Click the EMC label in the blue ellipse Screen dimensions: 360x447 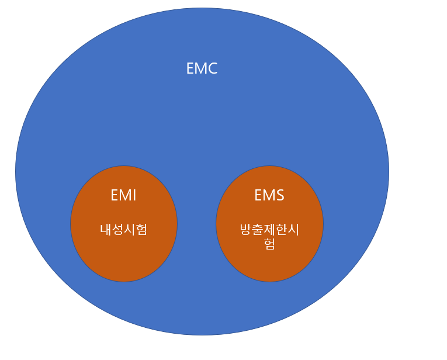tap(202, 68)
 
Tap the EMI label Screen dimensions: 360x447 tap(123, 195)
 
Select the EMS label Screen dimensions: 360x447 tap(269, 195)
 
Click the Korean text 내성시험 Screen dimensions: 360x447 tap(123, 229)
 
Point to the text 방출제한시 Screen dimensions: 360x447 tap(269, 230)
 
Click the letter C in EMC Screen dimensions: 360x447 tap(212, 68)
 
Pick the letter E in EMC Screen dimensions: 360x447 tap(190, 68)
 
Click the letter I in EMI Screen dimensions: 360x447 tap(134, 195)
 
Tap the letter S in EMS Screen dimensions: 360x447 tap(279, 195)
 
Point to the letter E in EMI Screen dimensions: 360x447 tap(115, 195)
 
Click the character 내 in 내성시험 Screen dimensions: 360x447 tap(106, 229)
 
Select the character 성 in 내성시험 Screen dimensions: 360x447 tap(117, 229)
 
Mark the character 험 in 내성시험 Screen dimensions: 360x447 tap(141, 229)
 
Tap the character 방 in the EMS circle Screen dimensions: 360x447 tap(246, 230)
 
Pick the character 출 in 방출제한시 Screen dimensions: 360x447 tap(258, 230)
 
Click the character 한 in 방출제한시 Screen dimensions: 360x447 tap(281, 230)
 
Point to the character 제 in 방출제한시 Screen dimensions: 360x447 tap(269, 230)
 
